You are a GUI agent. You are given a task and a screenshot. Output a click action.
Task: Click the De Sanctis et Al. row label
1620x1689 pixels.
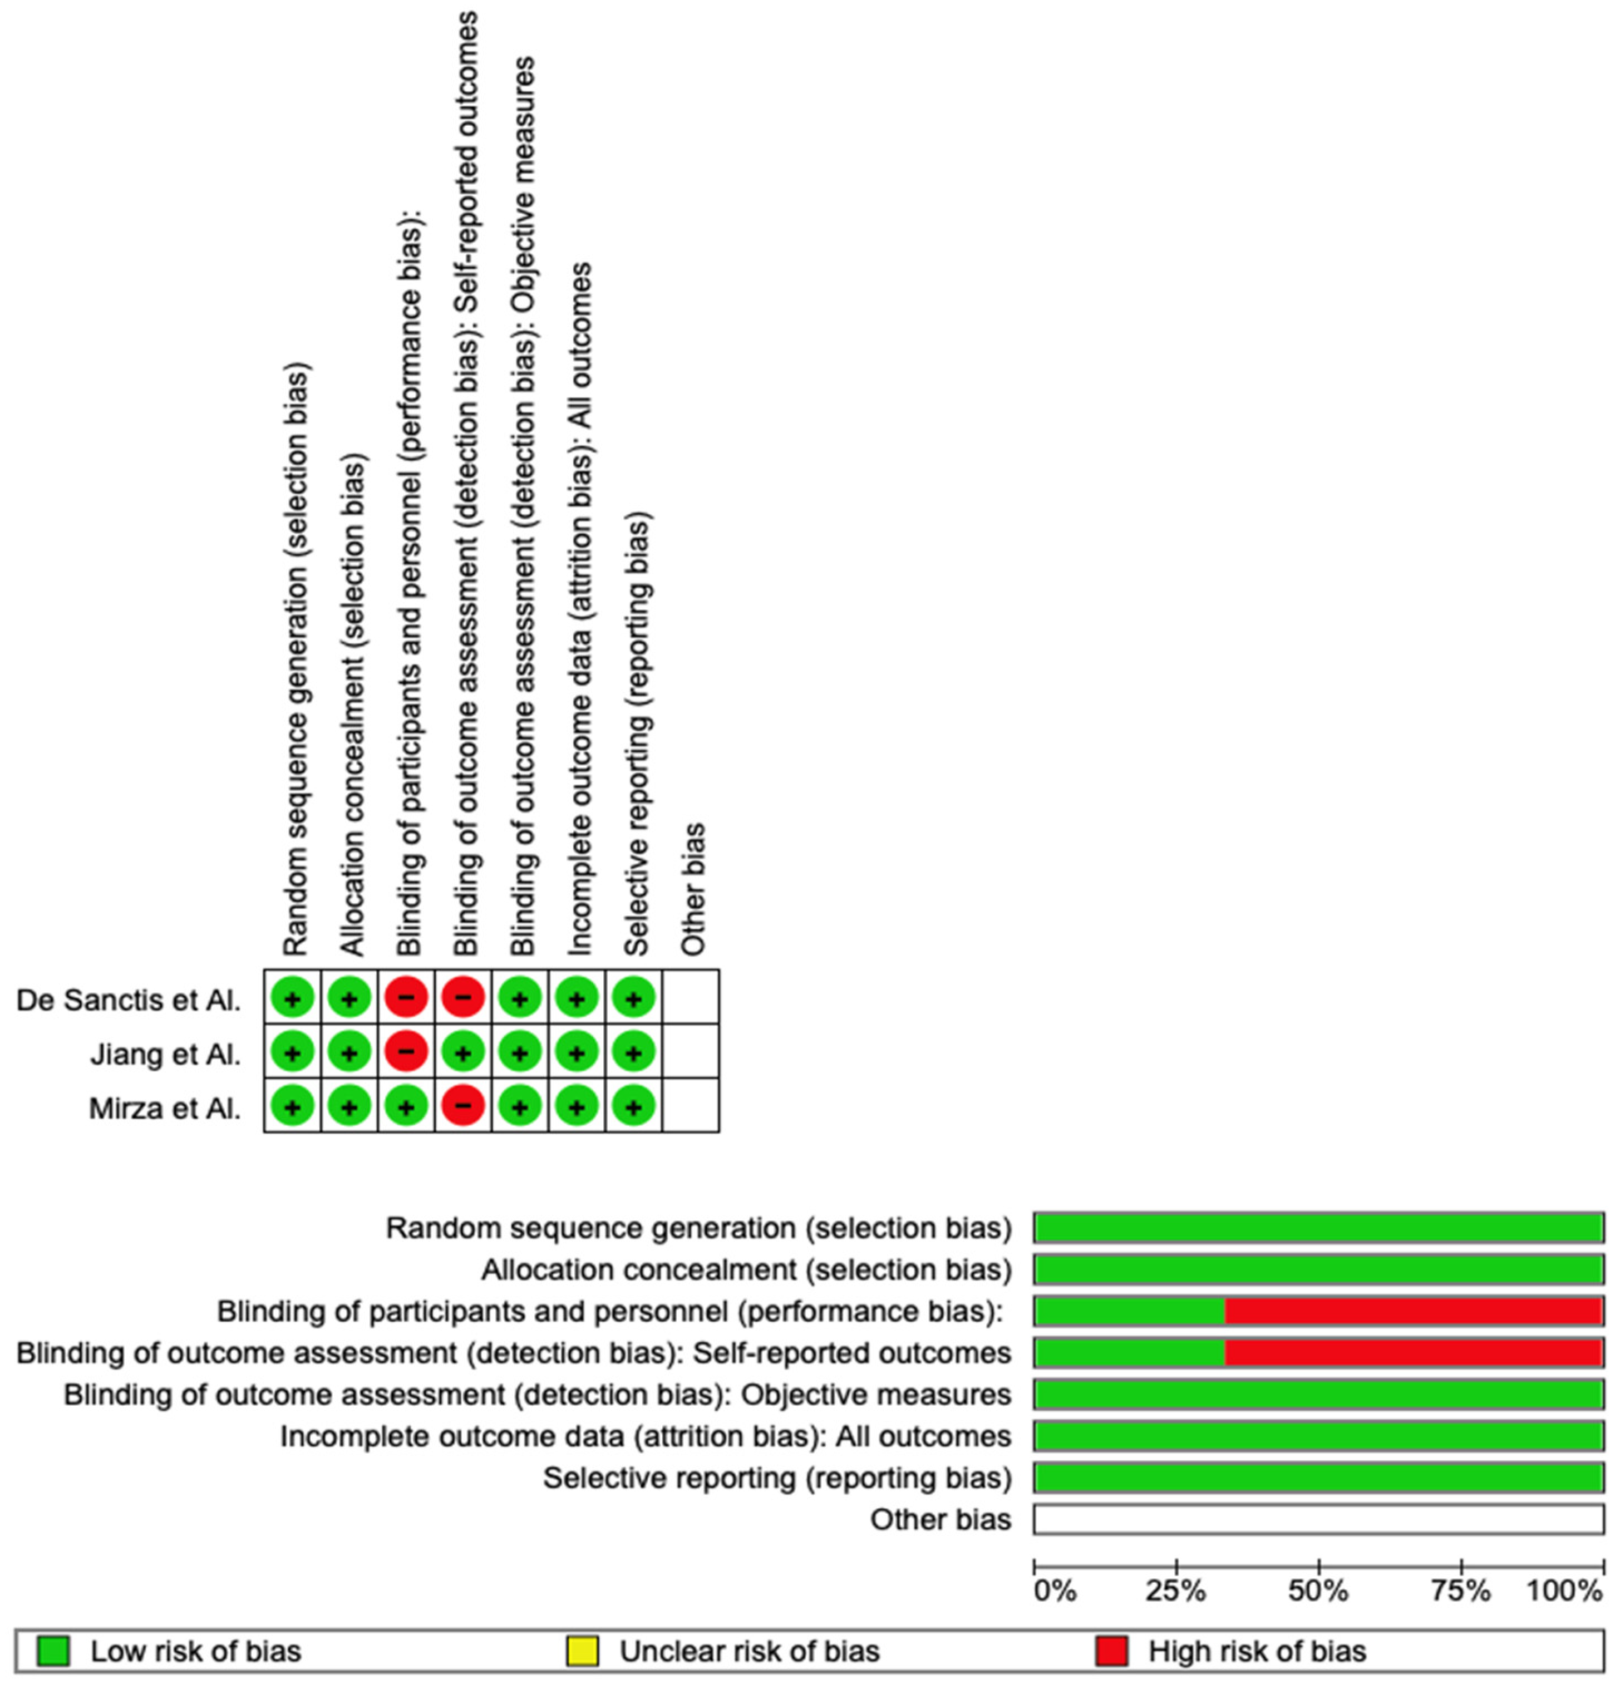coord(129,999)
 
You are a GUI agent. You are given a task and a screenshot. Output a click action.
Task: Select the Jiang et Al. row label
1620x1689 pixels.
coord(165,1054)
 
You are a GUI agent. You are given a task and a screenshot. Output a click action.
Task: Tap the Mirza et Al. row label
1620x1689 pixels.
coord(165,1107)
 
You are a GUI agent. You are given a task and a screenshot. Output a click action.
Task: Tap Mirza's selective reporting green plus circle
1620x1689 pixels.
coord(633,1106)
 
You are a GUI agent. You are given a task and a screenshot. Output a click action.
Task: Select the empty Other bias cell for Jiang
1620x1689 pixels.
coord(690,1052)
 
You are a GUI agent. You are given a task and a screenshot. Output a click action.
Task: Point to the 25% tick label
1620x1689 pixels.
coord(1175,1590)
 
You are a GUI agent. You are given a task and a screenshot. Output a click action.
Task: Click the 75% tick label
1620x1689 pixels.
coord(1461,1590)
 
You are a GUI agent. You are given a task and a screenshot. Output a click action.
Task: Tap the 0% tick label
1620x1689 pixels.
coord(1055,1590)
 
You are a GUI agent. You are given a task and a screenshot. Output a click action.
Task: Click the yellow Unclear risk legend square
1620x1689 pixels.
coord(582,1651)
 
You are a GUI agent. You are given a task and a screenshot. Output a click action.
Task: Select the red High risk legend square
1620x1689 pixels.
coord(1111,1651)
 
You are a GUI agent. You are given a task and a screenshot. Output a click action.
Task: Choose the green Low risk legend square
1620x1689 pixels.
coord(52,1651)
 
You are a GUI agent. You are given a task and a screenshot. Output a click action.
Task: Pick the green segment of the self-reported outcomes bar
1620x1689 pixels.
coord(1129,1352)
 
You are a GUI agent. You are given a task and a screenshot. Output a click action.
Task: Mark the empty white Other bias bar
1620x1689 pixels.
coord(1318,1519)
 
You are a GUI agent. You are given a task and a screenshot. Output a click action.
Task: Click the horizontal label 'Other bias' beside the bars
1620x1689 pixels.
coord(940,1519)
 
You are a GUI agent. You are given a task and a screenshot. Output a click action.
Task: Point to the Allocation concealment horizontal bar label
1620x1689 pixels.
coord(745,1269)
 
